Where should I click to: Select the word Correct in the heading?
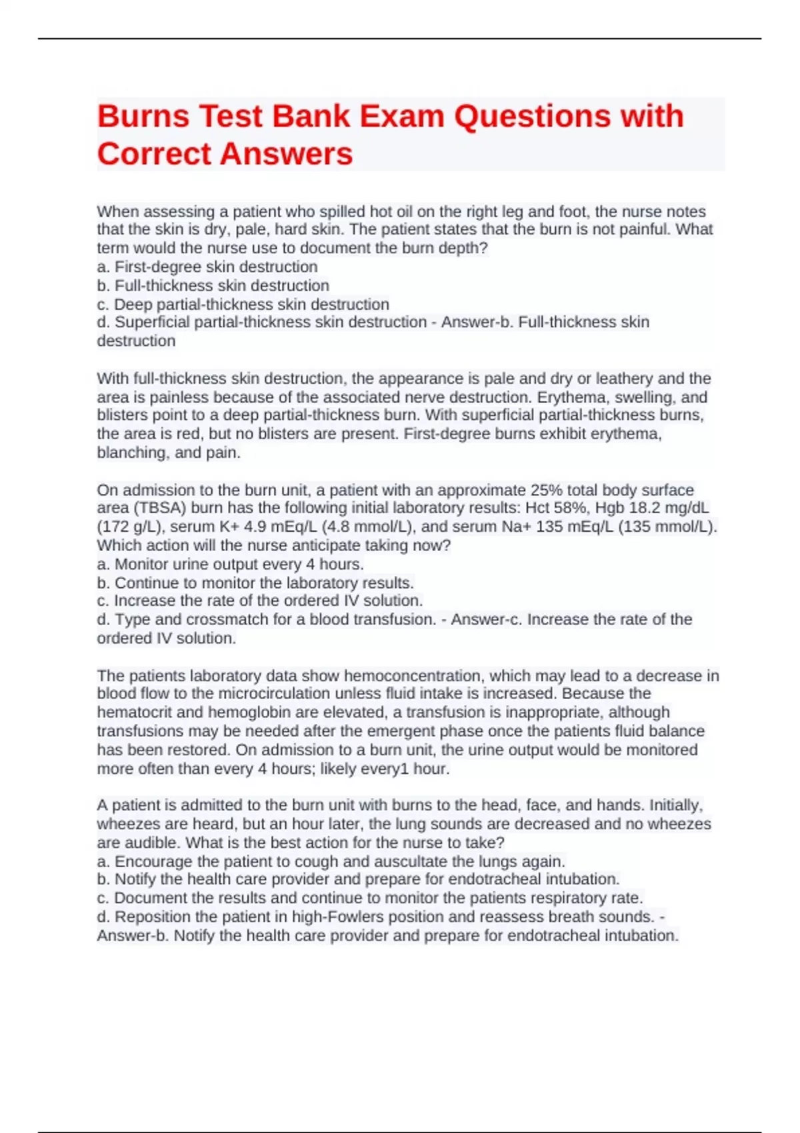154,154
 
